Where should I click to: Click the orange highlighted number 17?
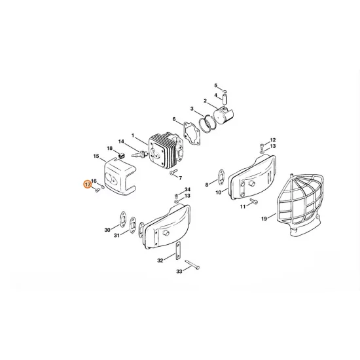point(87,185)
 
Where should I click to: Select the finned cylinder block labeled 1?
point(160,151)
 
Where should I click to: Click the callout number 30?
point(108,230)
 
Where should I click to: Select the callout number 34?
point(187,189)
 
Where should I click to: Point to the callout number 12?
point(273,140)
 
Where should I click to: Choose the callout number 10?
point(219,194)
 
